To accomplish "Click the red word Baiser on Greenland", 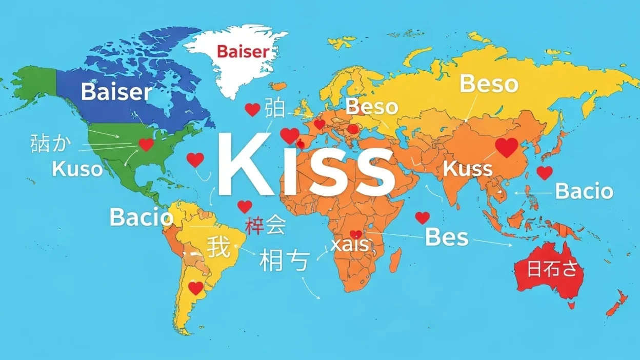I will [243, 51].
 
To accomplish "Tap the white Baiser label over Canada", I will [116, 92].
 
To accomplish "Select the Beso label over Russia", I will [488, 84].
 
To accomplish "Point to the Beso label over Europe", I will [372, 107].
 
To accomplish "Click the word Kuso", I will [77, 169].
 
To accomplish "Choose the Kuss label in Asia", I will [467, 168].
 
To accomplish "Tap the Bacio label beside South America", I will [142, 217].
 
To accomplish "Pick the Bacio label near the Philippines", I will [584, 191].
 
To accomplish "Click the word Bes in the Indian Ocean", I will [447, 237].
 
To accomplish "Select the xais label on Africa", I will [350, 245].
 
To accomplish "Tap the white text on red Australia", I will [552, 269].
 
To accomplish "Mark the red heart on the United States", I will [147, 145].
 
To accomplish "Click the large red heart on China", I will [507, 147].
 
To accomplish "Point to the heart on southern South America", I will [196, 288].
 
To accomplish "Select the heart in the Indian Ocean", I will [422, 218].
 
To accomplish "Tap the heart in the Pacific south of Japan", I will [545, 173].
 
